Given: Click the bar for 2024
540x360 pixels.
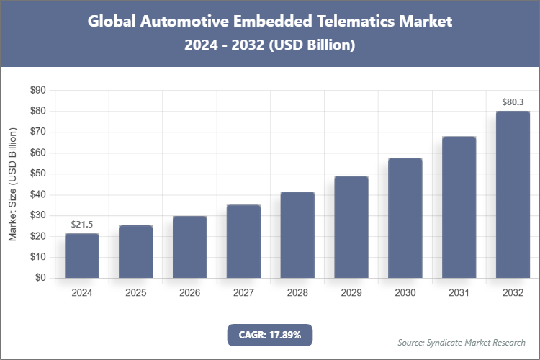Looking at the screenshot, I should click(81, 256).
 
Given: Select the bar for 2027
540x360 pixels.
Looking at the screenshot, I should click(243, 241).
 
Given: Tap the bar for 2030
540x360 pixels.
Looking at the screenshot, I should click(405, 217).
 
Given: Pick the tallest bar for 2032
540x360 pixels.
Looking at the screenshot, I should click(513, 194).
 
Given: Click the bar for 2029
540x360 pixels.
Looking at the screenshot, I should click(351, 227).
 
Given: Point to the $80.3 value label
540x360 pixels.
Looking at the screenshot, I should click(513, 102).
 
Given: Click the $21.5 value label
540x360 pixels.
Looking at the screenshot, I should click(81, 225).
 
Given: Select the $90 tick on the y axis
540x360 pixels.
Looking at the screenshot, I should click(37, 91).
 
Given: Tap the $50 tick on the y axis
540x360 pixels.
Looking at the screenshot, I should click(37, 174).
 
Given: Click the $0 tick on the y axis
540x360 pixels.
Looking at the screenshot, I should click(40, 278).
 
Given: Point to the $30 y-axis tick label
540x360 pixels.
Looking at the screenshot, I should click(37, 216).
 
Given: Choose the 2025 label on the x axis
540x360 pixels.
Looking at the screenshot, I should click(135, 293).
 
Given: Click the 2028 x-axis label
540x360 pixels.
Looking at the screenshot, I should click(297, 293).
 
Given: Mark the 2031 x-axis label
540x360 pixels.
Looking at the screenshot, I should click(459, 293).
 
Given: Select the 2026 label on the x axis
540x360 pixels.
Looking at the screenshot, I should click(189, 293).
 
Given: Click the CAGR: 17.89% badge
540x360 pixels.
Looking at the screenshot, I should click(270, 335).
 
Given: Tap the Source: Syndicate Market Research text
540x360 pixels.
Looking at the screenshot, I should click(462, 342).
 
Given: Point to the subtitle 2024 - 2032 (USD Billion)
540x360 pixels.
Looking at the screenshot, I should click(270, 45).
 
